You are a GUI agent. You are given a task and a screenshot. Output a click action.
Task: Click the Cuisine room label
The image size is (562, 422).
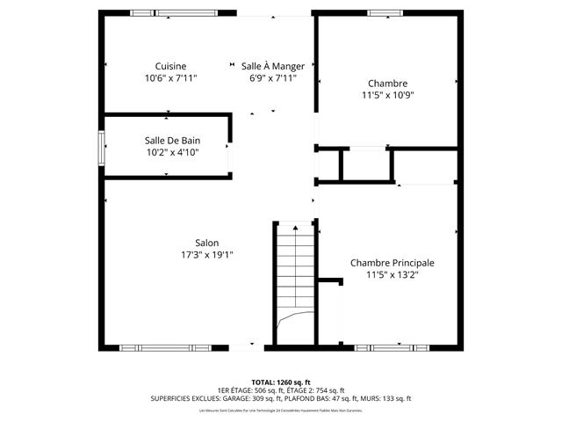(x=170, y=66)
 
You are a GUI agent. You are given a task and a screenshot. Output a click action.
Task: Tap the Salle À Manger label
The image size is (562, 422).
(x=273, y=66)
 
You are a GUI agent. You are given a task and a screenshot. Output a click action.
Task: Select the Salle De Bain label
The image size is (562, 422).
(x=171, y=140)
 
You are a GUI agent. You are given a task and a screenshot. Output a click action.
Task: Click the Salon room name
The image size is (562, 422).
(x=207, y=243)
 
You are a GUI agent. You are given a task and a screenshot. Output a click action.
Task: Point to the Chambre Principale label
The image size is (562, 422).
(x=392, y=263)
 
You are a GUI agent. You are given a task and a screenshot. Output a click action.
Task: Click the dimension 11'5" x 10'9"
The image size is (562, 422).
(x=387, y=95)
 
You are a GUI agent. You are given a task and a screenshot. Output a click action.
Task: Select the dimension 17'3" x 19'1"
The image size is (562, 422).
(x=207, y=255)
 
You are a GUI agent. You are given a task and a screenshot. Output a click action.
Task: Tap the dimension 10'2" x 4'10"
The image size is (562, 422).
(x=171, y=152)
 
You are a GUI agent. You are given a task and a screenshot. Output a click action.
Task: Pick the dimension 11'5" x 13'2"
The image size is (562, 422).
(x=392, y=275)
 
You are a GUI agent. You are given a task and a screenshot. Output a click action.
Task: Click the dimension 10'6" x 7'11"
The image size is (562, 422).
(x=170, y=78)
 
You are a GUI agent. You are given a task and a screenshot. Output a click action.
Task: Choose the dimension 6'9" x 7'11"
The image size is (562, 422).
(x=273, y=78)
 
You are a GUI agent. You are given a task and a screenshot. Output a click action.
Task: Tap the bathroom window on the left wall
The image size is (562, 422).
(x=102, y=153)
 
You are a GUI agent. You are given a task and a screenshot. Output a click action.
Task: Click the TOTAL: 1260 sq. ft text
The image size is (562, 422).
(x=281, y=382)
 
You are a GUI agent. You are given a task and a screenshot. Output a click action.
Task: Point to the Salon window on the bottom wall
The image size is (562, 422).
(x=165, y=348)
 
